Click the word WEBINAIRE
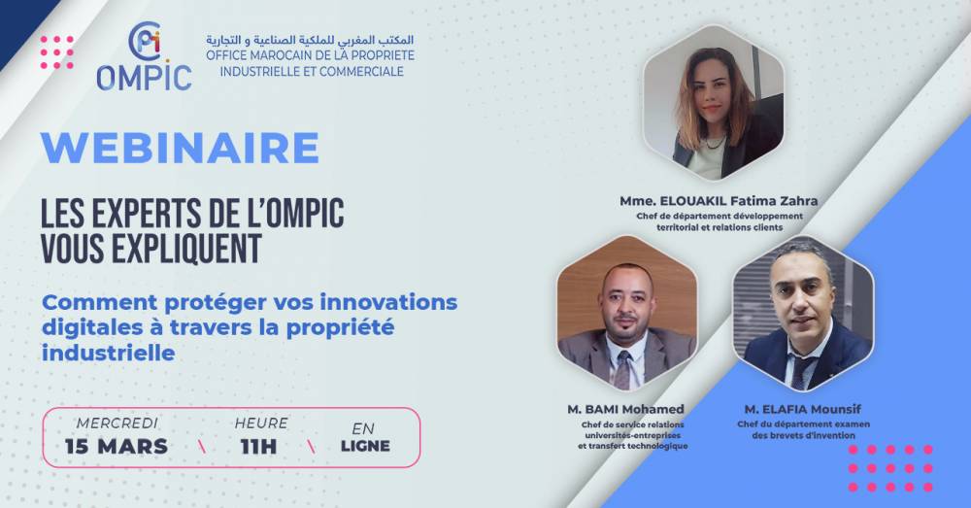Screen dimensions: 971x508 (181, 148)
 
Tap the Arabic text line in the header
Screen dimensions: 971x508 (310, 40)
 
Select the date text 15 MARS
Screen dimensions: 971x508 (117, 446)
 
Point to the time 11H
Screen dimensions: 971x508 (259, 446)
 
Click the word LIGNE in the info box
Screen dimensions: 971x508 (365, 446)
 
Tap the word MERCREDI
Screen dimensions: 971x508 (117, 423)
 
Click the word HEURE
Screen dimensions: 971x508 (261, 423)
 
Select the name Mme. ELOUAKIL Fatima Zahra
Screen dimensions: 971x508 (719, 201)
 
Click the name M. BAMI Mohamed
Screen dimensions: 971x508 (625, 409)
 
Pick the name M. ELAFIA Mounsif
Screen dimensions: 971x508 (803, 409)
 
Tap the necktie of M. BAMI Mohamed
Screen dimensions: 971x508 (623, 370)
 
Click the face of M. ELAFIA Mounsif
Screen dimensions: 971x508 (802, 295)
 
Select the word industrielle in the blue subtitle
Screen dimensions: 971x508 (109, 354)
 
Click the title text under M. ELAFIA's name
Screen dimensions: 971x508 (803, 430)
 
